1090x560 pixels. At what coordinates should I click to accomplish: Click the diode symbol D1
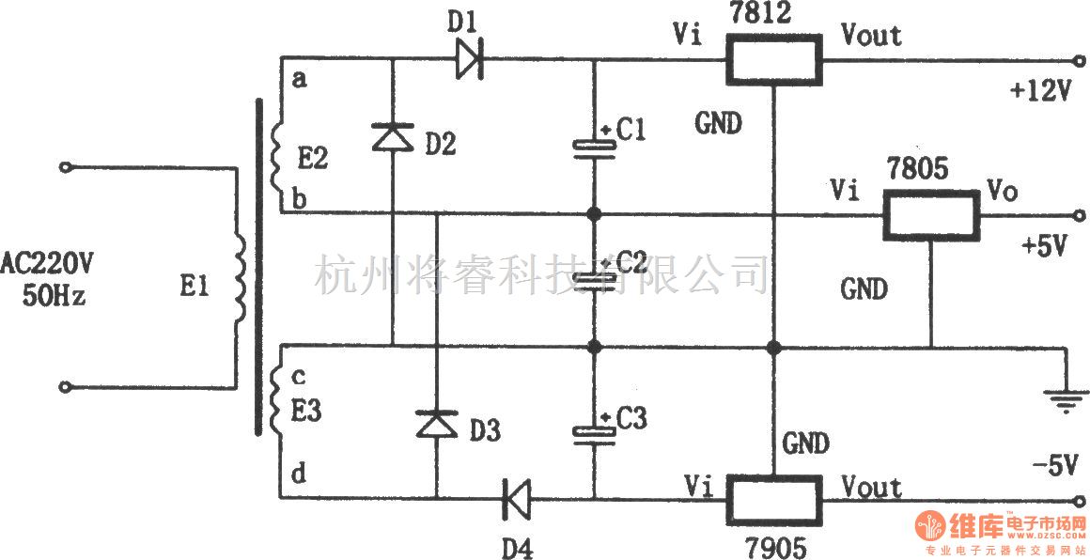469,60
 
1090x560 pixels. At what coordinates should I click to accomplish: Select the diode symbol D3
436,425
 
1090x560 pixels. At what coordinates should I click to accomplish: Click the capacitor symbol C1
593,146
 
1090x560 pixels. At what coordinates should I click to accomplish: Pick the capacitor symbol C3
593,431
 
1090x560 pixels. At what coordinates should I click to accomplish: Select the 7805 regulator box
929,215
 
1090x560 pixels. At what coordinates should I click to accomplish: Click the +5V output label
1044,247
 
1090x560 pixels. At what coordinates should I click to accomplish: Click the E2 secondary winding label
314,162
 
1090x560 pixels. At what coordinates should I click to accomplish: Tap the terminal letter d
299,475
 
